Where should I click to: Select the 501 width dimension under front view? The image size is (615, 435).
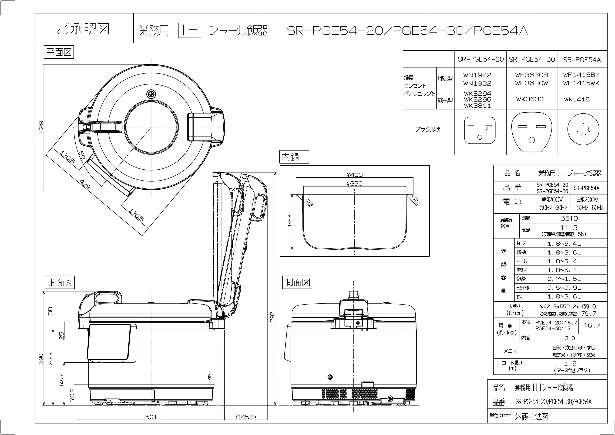[151, 417]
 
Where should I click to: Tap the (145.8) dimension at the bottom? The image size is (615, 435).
[246, 417]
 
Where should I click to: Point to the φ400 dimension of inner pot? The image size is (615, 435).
[354, 175]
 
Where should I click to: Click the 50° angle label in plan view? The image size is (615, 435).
[83, 155]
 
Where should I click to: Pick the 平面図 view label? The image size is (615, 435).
[59, 52]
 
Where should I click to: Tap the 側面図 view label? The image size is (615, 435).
[297, 282]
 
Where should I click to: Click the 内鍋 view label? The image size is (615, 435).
[294, 157]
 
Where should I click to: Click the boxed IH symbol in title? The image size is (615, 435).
[189, 31]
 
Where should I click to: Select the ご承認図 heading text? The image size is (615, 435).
[83, 29]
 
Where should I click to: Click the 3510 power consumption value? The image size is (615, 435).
[569, 218]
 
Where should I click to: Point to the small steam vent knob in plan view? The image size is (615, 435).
[151, 94]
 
